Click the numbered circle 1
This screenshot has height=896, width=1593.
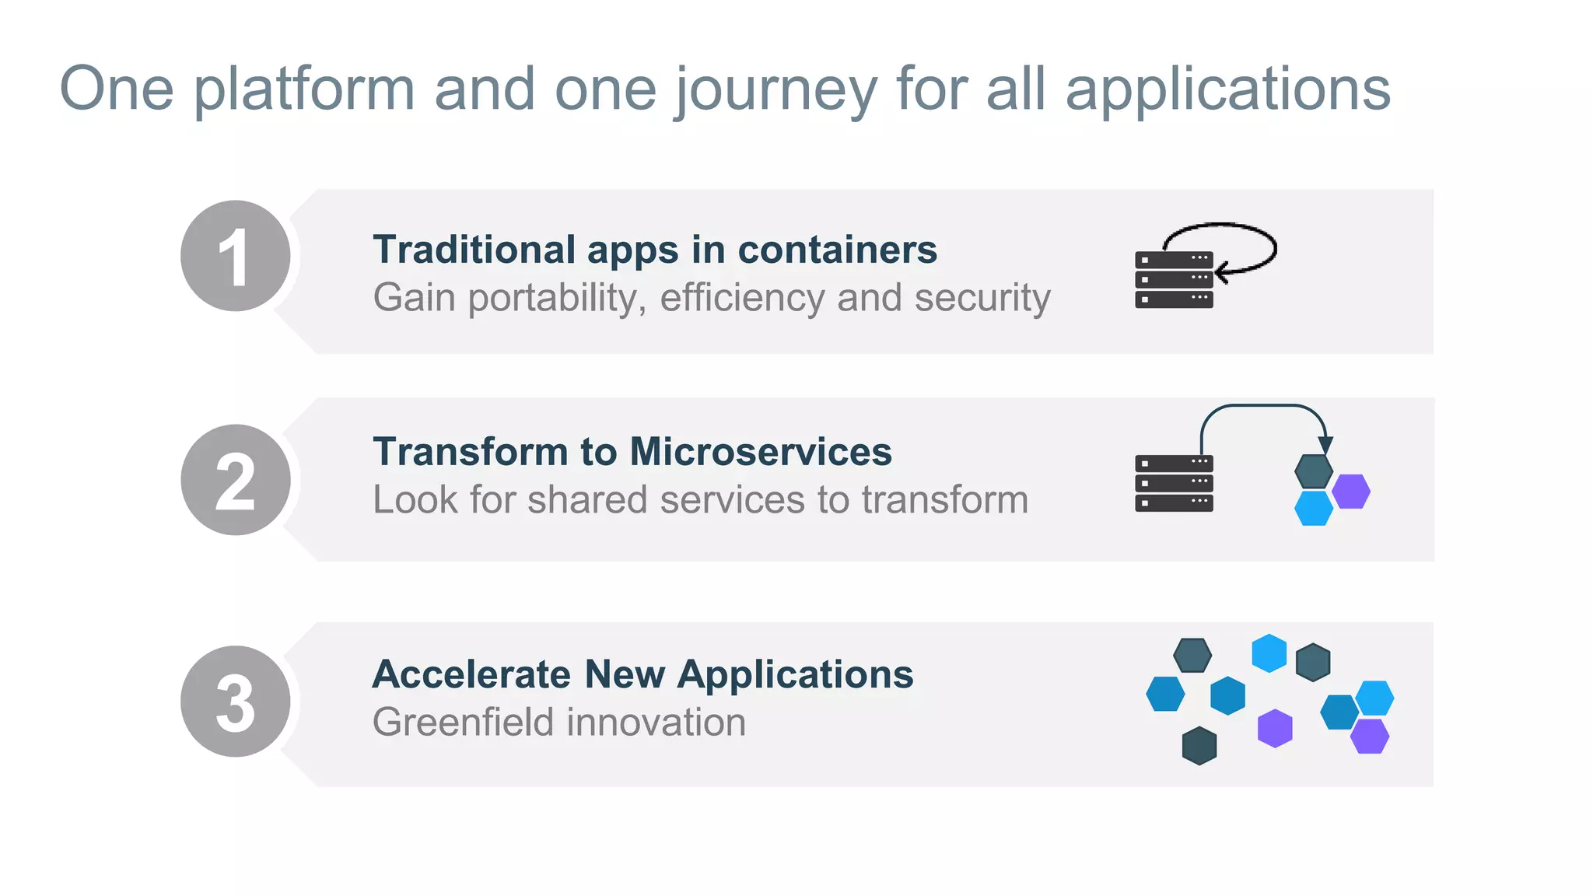point(235,256)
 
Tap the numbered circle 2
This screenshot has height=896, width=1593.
point(235,480)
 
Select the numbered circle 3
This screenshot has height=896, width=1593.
point(235,702)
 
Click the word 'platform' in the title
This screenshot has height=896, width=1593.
point(304,89)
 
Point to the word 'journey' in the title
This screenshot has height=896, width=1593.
point(776,89)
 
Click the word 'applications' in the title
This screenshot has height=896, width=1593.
point(1227,89)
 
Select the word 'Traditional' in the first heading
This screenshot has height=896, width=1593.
point(473,250)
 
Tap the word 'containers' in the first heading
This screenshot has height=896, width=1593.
point(837,250)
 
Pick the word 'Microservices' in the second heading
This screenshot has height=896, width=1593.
point(761,452)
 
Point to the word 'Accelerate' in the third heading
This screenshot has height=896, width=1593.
point(471,674)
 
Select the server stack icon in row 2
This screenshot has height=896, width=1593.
point(1174,483)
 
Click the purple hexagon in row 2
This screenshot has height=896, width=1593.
point(1351,492)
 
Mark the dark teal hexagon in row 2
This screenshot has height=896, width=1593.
point(1314,471)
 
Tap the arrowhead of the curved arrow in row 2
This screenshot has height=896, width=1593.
point(1325,445)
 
